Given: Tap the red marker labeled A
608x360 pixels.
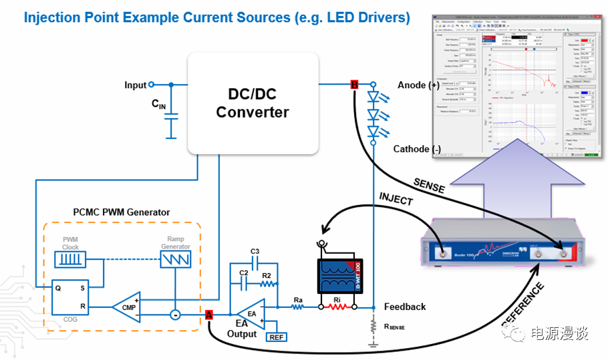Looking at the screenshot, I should click(x=209, y=315).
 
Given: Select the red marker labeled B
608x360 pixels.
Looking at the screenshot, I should click(x=354, y=84).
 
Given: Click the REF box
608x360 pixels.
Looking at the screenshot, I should click(x=276, y=336).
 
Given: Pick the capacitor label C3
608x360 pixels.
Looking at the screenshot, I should click(x=255, y=251).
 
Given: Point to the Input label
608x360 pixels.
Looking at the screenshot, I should click(x=135, y=85).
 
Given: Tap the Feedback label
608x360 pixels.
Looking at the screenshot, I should click(x=405, y=307).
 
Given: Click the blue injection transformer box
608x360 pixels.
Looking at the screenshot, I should click(x=337, y=267).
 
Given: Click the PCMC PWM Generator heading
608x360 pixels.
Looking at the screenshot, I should click(x=121, y=212).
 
